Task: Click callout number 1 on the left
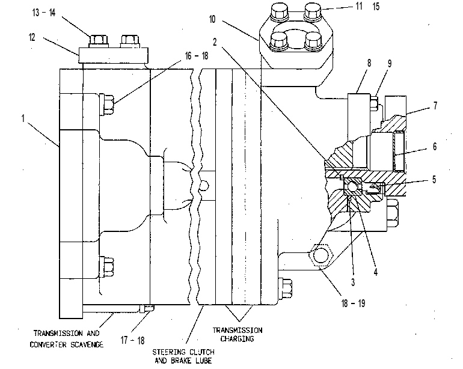pyautogui.click(x=23, y=118)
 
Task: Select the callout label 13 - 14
pyautogui.click(x=44, y=13)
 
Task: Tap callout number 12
pyautogui.click(x=32, y=37)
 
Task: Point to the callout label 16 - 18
pyautogui.click(x=197, y=56)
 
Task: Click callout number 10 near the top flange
pyautogui.click(x=212, y=19)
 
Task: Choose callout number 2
pyautogui.click(x=215, y=42)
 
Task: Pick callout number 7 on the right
pyautogui.click(x=435, y=105)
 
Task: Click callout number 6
pyautogui.click(x=435, y=147)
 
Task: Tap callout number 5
pyautogui.click(x=434, y=180)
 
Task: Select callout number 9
pyautogui.click(x=390, y=64)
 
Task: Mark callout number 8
pyautogui.click(x=369, y=63)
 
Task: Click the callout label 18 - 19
pyautogui.click(x=353, y=303)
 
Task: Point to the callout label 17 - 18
pyautogui.click(x=132, y=340)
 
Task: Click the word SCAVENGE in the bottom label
pyautogui.click(x=87, y=344)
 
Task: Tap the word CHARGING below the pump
pyautogui.click(x=237, y=338)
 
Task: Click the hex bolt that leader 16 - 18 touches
pyautogui.click(x=106, y=104)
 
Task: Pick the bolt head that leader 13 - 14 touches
pyautogui.click(x=99, y=41)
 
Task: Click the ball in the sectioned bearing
pyautogui.click(x=352, y=186)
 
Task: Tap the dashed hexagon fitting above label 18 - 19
pyautogui.click(x=321, y=255)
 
